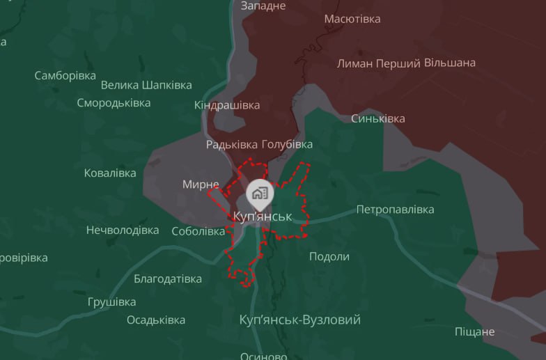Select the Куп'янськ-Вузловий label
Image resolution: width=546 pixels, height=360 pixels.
pos(299,320)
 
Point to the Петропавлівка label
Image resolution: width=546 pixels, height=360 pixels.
pos(395,210)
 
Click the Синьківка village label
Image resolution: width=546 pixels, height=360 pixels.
pos(377,118)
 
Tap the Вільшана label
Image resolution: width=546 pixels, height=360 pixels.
pos(450,63)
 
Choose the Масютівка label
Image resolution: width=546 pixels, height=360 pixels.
pos(352,19)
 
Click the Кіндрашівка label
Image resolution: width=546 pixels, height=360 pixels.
pos(227,105)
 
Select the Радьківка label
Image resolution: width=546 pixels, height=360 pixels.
pos(231,145)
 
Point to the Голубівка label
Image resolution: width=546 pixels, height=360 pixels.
pos(287,145)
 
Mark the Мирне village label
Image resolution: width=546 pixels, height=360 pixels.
pos(201,185)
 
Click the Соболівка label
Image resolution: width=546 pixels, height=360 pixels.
pos(198,231)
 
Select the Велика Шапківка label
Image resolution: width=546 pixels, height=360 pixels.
pos(146,85)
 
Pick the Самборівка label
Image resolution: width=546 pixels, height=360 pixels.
pos(65,75)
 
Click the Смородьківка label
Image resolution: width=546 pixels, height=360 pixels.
pos(114,103)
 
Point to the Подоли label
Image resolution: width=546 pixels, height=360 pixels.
pos(329,256)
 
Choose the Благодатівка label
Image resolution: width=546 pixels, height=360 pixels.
pos(168,279)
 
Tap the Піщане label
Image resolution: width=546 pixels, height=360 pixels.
pos(474,331)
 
